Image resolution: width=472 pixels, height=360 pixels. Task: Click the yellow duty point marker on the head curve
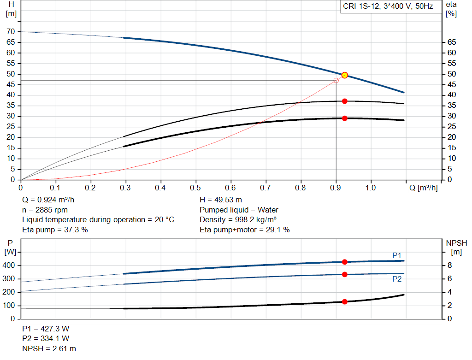pos(344,75)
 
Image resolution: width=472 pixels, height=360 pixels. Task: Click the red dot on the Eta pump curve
pos(344,101)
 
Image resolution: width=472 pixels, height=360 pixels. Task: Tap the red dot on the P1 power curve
pos(344,262)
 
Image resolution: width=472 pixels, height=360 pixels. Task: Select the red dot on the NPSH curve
pos(344,301)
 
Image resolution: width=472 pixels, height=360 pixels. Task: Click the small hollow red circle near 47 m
pos(336,81)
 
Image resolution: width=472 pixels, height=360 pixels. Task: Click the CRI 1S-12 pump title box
pos(388,7)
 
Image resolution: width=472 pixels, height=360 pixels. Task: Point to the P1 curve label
pos(397,255)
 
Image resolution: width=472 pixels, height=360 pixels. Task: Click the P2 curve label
pos(397,279)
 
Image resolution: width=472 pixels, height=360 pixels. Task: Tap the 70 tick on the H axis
pos(11,32)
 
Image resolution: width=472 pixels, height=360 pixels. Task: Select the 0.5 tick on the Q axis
pos(195,188)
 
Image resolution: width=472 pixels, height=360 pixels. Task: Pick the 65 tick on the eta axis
pos(451,42)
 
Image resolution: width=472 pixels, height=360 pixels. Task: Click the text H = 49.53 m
pos(221,200)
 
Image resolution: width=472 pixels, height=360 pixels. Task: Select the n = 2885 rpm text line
pos(45,210)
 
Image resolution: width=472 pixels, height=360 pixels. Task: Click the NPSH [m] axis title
pos(456,247)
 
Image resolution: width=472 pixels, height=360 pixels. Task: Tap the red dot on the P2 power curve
pos(344,274)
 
